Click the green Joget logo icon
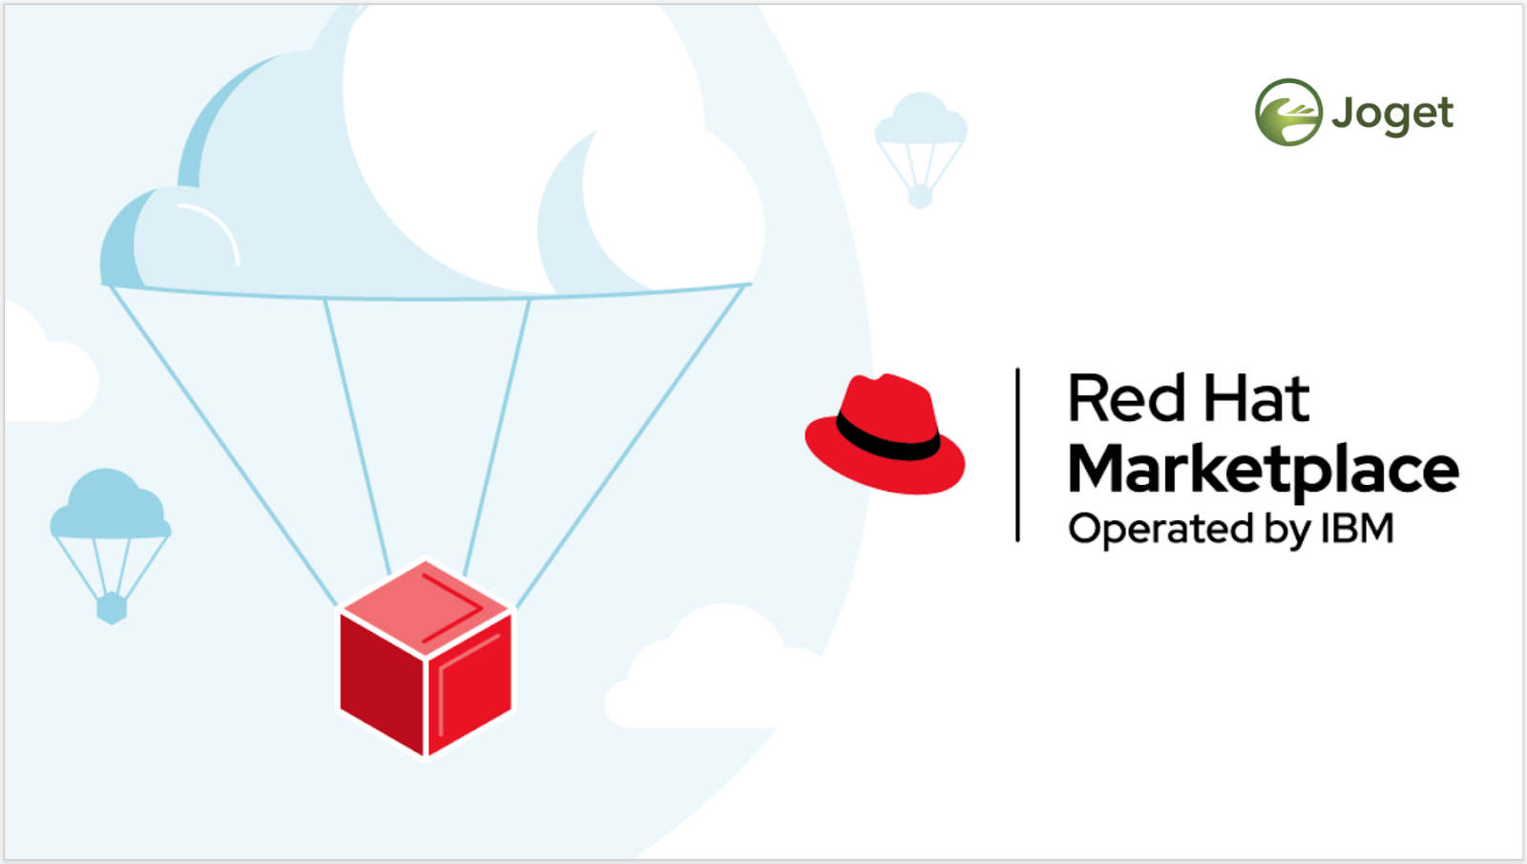[1287, 112]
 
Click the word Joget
[1392, 115]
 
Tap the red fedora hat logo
[885, 433]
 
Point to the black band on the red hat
[888, 440]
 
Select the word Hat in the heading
[1256, 398]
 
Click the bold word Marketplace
[1262, 471]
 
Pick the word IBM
[1357, 529]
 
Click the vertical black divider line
[1018, 455]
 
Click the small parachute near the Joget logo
[920, 143]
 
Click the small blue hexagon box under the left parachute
[112, 606]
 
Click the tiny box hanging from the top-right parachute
[920, 198]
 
